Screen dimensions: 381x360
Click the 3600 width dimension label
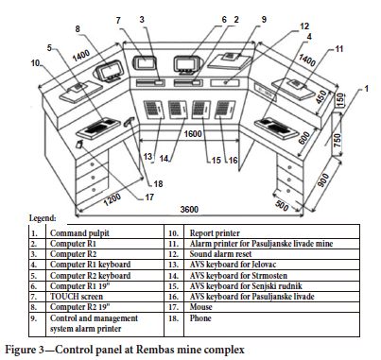tap(189, 209)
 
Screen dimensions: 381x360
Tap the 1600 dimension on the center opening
tap(193, 134)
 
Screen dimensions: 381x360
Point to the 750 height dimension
tap(338, 140)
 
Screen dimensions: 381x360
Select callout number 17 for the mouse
tap(149, 197)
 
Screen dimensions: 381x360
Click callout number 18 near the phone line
tap(158, 183)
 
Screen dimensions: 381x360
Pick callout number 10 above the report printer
tap(35, 63)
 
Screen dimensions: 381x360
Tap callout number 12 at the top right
tap(304, 26)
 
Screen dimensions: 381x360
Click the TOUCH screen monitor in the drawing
tap(145, 62)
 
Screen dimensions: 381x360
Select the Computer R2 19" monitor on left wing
tap(110, 72)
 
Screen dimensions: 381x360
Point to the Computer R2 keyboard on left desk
tap(98, 128)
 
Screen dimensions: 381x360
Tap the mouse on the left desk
tap(79, 145)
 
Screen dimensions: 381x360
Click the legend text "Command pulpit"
tap(79, 233)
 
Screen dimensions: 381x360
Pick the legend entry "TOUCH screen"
tap(77, 297)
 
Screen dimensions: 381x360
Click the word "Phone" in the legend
tap(200, 317)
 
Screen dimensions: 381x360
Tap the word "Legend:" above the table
tap(43, 217)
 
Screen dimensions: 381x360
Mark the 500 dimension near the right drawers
tap(282, 205)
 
